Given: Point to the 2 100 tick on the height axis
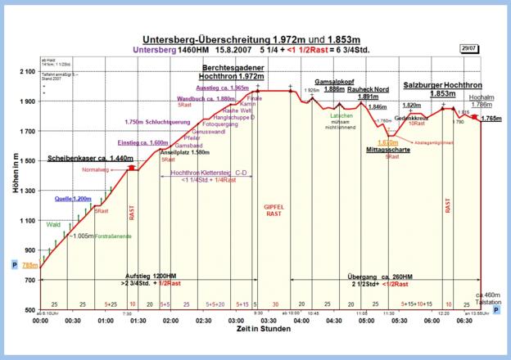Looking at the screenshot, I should click(x=25, y=72).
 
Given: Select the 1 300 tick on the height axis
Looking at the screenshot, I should click(x=25, y=191).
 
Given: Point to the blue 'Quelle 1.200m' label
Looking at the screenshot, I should click(x=73, y=199).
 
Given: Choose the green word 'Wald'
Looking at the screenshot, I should click(x=55, y=223).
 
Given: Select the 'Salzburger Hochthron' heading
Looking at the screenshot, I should click(x=441, y=84).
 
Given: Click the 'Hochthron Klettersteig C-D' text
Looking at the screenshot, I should click(x=208, y=173).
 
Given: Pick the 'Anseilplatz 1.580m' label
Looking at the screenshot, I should click(x=184, y=152).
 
